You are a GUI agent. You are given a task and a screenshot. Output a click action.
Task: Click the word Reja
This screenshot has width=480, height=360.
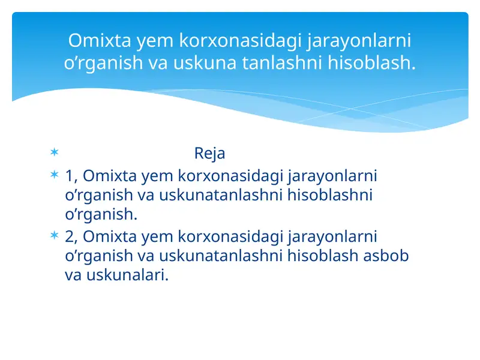[x=209, y=154]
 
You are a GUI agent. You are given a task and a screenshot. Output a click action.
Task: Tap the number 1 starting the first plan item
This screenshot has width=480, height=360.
[x=70, y=176]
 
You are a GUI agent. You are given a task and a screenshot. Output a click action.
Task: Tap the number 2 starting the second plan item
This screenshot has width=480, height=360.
[x=70, y=237]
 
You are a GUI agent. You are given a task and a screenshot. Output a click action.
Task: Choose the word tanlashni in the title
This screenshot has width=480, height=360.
[x=272, y=62]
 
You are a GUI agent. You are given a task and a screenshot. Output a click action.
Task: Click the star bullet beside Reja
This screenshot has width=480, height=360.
[x=54, y=153]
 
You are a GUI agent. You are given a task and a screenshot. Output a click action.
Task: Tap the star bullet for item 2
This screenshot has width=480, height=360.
[x=54, y=236]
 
